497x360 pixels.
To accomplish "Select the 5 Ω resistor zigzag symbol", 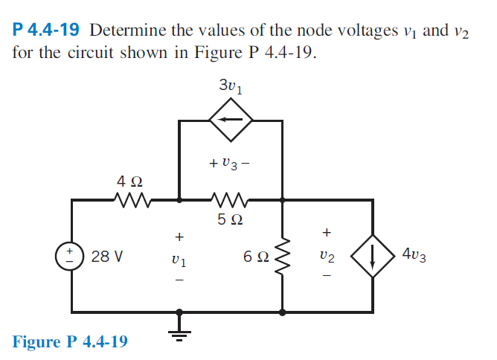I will click(230, 199).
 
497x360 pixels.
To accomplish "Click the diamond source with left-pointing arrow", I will click(231, 118).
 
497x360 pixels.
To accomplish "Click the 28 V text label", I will click(107, 257).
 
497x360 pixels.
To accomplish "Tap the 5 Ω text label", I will click(231, 220).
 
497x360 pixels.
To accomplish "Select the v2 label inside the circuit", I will click(326, 257).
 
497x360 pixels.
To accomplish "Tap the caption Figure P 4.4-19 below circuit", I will click(70, 341).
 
